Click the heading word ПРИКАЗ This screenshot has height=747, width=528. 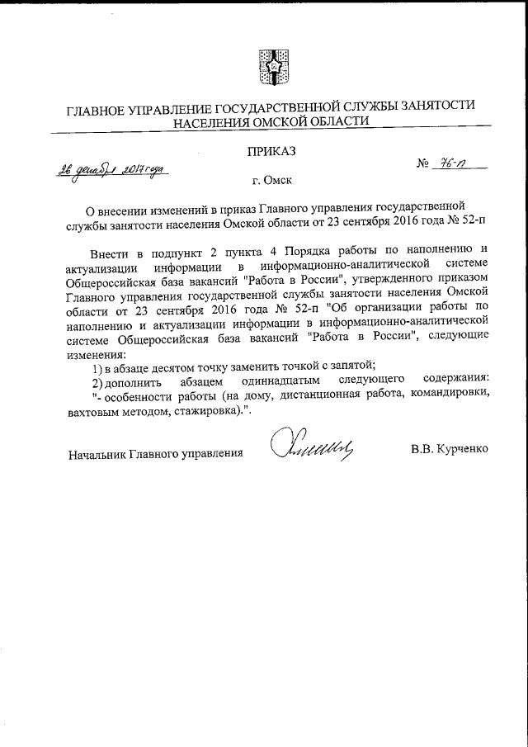coord(270,151)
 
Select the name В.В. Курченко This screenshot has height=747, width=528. coord(450,452)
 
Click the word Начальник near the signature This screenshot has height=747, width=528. coord(98,452)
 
